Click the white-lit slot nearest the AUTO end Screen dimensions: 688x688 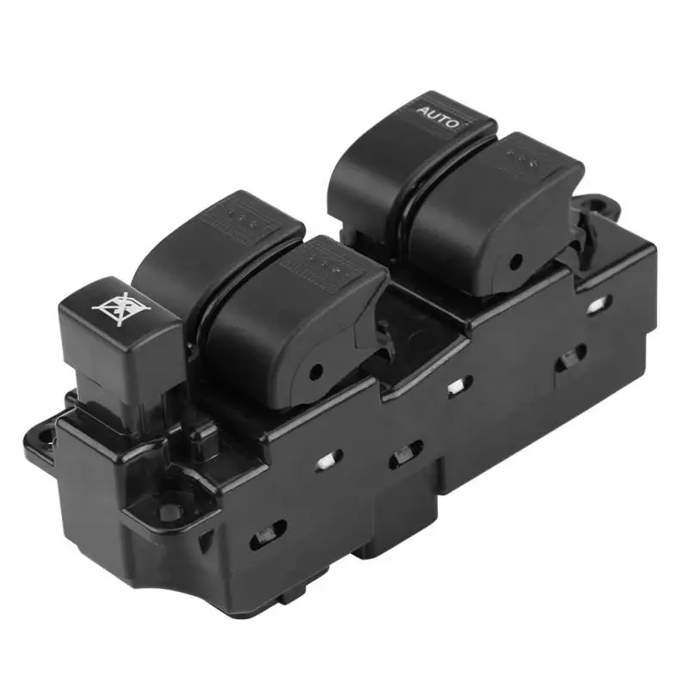pyautogui.click(x=598, y=304)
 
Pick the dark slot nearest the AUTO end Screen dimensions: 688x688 pyautogui.click(x=571, y=356)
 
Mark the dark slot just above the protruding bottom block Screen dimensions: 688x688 pyautogui.click(x=405, y=453)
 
